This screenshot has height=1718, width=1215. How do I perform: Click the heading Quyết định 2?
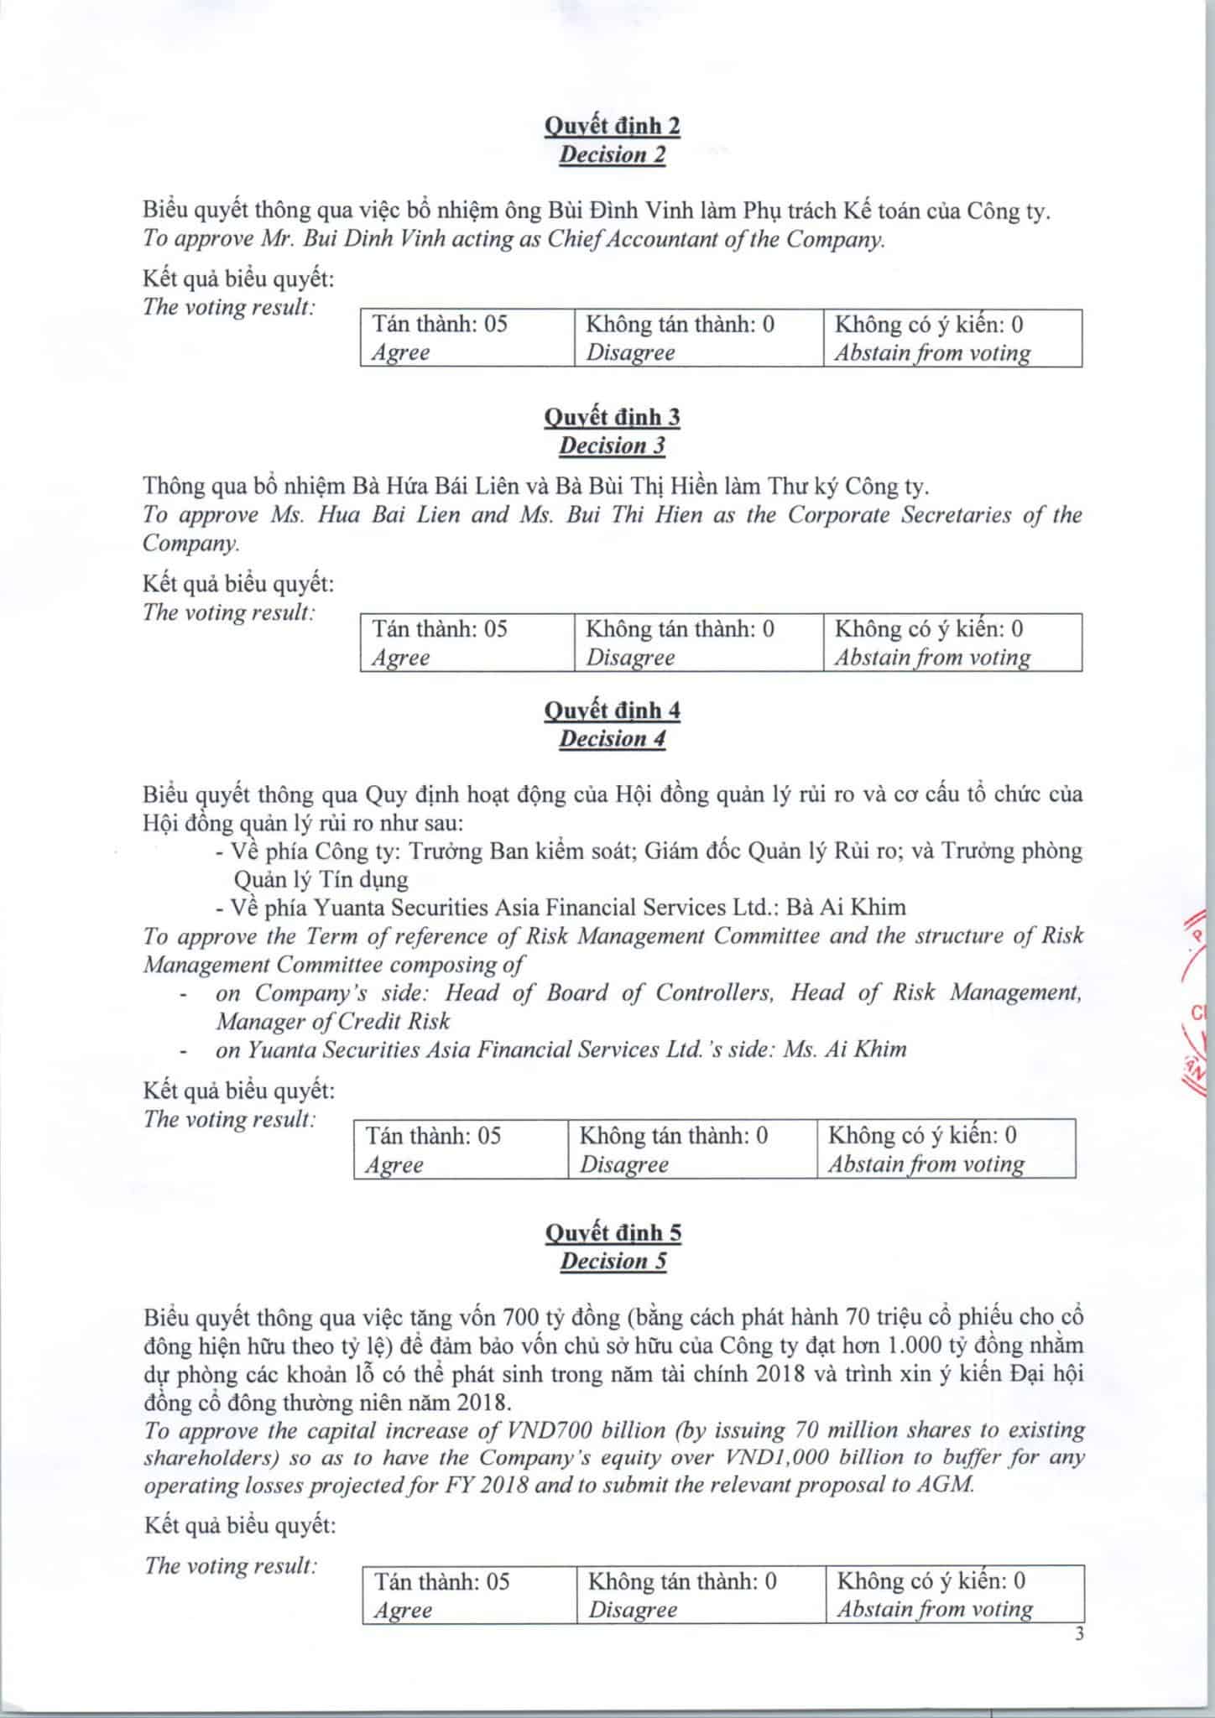(612, 126)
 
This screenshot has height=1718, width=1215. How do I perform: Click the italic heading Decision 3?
(612, 445)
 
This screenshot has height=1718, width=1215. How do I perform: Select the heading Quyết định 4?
(612, 711)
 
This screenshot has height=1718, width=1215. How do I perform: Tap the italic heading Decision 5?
(613, 1261)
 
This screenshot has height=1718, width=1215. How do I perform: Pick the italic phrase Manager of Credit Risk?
(333, 1021)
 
